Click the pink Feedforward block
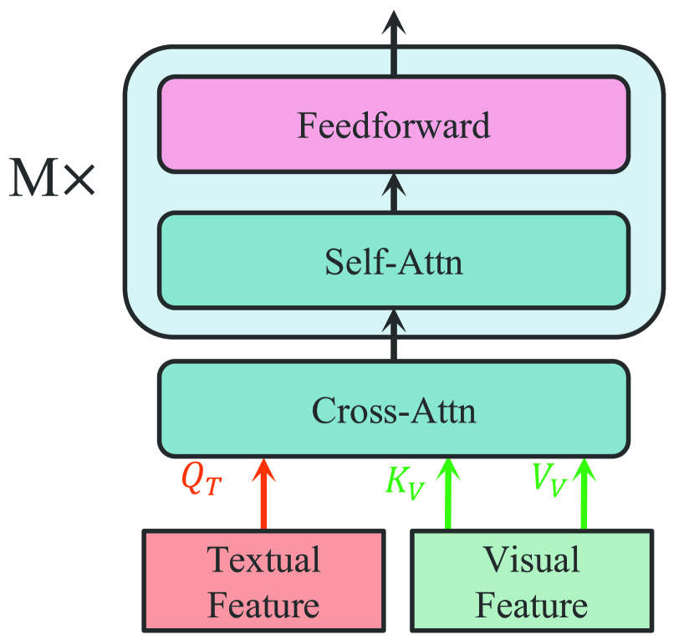point(393,125)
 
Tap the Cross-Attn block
point(393,410)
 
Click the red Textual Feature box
point(263,581)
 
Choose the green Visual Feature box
point(531,581)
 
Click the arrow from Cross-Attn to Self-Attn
point(394,335)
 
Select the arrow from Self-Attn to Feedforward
point(394,192)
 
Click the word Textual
point(263,559)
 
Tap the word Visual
point(532,559)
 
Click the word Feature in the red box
point(263,604)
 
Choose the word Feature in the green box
point(532,604)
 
